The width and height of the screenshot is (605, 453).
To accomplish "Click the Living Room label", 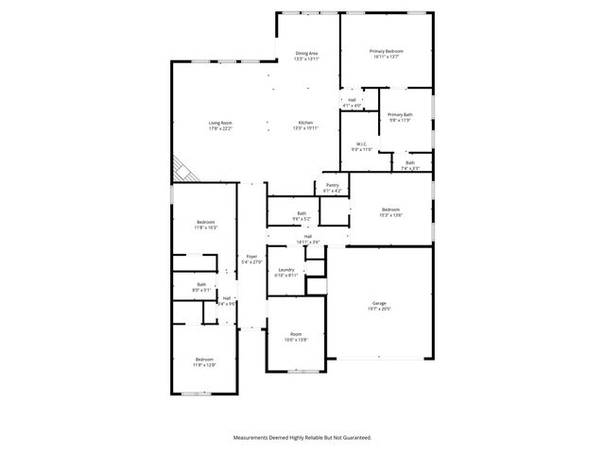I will (220, 124).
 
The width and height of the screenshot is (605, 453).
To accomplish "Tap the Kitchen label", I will (305, 124).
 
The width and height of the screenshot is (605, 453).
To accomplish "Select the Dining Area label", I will (307, 53).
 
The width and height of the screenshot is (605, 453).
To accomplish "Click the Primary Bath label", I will (400, 114).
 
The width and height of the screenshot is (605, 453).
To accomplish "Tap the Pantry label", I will (332, 185).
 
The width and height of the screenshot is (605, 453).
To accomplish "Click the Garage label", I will (378, 303).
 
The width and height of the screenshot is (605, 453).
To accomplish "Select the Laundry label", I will (285, 271).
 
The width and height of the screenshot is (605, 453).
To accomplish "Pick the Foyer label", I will (251, 256).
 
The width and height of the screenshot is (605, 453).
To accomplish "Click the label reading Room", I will (295, 334).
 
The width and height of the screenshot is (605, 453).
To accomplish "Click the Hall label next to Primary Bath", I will (352, 99).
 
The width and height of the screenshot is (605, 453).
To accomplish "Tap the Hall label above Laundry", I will (308, 237).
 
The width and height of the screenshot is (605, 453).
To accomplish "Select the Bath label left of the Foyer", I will (201, 284).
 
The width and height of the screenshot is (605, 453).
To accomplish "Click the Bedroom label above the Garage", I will (390, 210).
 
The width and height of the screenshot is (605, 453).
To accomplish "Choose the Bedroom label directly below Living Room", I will (205, 222).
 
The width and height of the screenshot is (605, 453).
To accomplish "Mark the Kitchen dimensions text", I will (305, 128).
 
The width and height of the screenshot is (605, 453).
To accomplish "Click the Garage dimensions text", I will (378, 309).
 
